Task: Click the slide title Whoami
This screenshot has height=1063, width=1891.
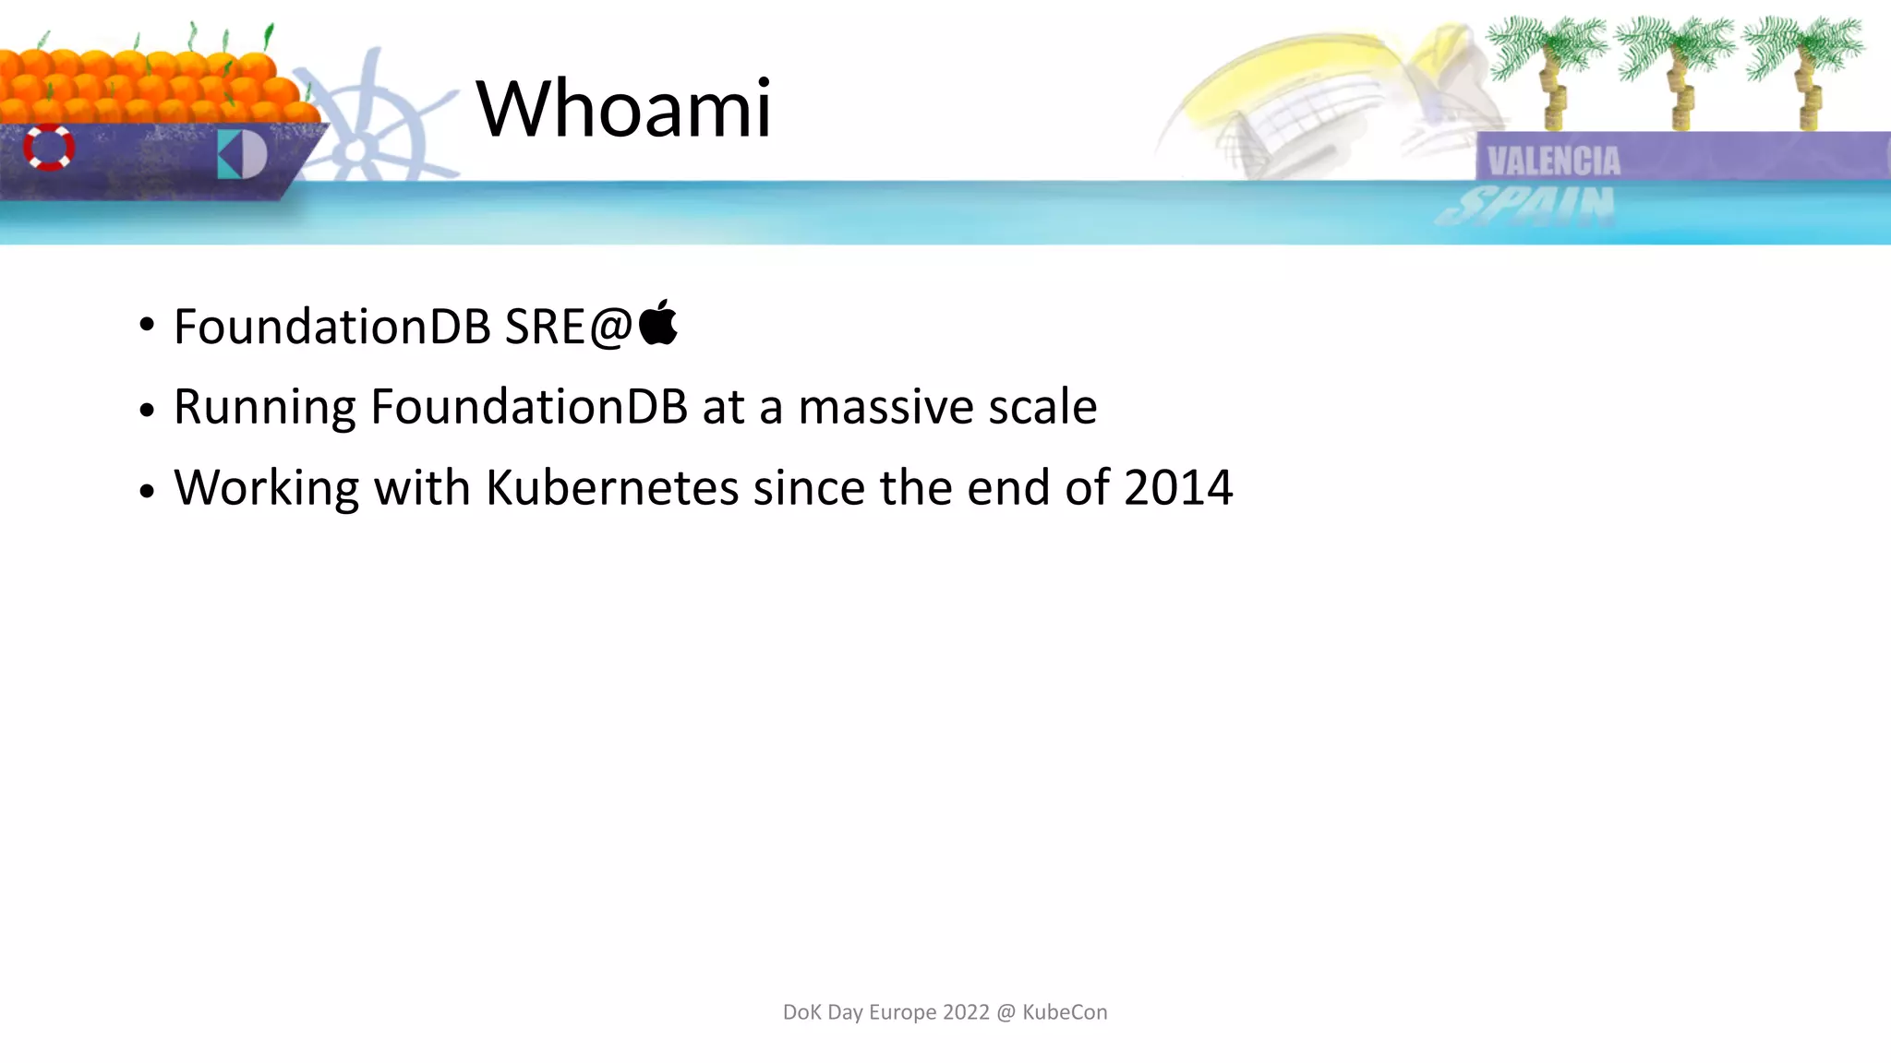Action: click(x=623, y=109)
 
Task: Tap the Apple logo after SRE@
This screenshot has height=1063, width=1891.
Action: click(x=658, y=323)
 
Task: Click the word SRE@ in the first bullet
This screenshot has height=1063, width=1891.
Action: click(x=568, y=327)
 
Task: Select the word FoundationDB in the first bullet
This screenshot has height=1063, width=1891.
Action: click(x=332, y=327)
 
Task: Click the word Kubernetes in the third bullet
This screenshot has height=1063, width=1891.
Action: click(x=612, y=487)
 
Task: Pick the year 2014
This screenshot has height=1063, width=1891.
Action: click(x=1178, y=487)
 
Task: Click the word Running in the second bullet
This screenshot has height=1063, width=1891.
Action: click(x=264, y=407)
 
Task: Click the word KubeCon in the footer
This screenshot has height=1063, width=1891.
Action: click(x=1065, y=1012)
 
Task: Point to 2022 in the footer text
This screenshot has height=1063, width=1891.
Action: click(x=966, y=1012)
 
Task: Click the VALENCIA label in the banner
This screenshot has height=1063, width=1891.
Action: click(x=1553, y=161)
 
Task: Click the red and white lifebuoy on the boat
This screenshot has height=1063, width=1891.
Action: click(x=49, y=147)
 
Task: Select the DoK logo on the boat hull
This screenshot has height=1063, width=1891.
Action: click(x=242, y=154)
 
